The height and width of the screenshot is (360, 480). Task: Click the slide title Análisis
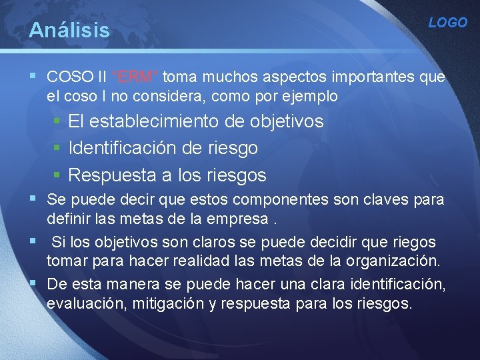click(69, 30)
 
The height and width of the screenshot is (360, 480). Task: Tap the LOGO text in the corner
click(448, 23)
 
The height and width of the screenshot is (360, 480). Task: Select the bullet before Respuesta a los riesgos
click(58, 175)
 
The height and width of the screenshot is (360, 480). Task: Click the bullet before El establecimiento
click(58, 121)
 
